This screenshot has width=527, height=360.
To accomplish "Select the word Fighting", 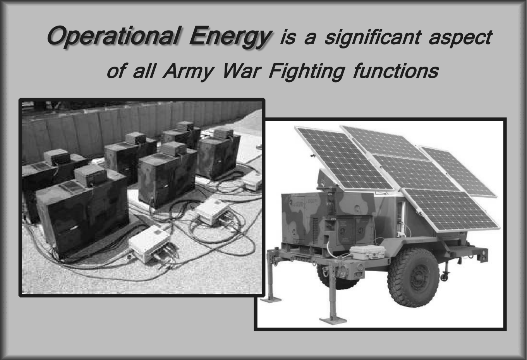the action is click(307, 71).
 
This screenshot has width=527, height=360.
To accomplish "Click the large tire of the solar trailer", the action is click(413, 277).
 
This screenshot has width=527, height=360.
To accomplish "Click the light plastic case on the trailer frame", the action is click(367, 252).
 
